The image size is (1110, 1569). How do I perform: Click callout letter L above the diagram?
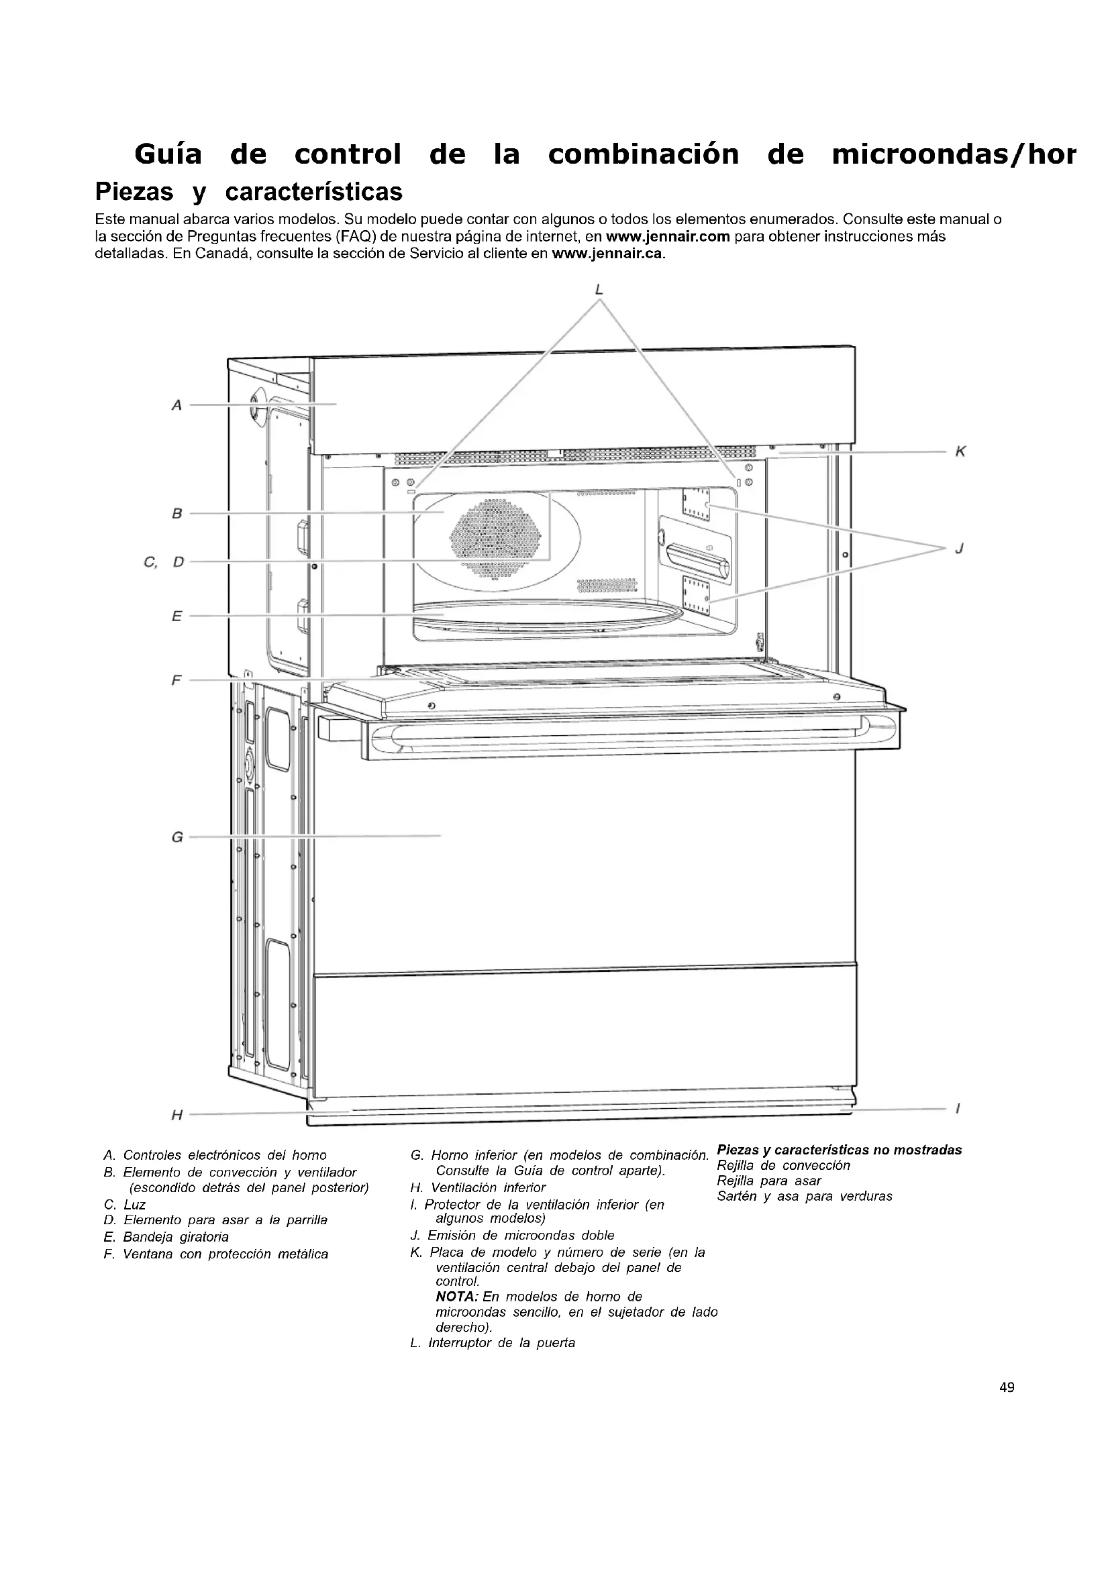click(x=599, y=290)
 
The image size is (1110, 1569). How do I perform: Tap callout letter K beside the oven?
click(x=960, y=451)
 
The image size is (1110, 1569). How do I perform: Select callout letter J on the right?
click(x=960, y=548)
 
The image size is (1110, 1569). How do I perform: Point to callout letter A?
click(x=177, y=405)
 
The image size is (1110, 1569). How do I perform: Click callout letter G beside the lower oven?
click(x=177, y=836)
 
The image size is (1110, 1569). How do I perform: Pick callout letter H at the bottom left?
click(x=177, y=1116)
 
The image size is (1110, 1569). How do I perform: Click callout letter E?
click(x=177, y=616)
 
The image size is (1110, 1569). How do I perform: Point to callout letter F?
click(x=177, y=681)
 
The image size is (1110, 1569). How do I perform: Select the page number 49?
click(x=1007, y=1387)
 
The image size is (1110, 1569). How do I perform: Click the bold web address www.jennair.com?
click(x=668, y=237)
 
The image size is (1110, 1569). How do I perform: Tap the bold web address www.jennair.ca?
click(x=607, y=254)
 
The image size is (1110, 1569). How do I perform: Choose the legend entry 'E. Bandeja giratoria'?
click(x=166, y=1237)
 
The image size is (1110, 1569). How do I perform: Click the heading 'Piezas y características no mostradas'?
click(x=840, y=1150)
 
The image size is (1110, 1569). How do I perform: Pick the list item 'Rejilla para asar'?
click(x=769, y=1181)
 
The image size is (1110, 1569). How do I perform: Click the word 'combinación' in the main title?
click(x=643, y=154)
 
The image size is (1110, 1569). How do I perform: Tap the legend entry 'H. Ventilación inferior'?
click(x=478, y=1188)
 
